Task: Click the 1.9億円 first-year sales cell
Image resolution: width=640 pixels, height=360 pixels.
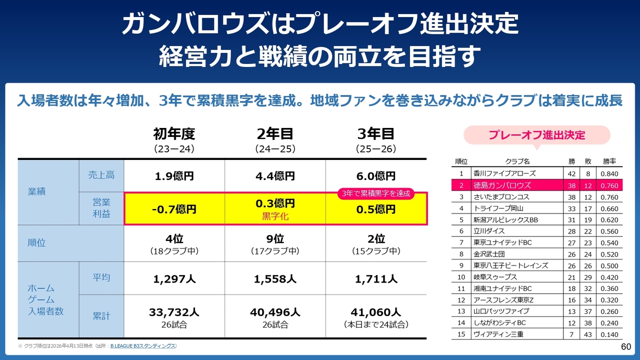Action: click(x=174, y=176)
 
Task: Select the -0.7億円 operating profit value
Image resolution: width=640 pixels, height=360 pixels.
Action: click(x=174, y=209)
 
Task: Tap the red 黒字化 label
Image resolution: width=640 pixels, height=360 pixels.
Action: click(x=275, y=217)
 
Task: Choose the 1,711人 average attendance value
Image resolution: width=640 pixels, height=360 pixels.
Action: click(x=376, y=278)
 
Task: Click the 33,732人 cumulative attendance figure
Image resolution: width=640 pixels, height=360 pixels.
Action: click(x=174, y=312)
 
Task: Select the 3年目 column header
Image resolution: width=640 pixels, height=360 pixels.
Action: click(x=376, y=133)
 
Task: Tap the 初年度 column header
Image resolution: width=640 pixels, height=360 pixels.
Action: click(x=174, y=133)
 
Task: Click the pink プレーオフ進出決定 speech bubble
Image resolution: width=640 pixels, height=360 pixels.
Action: click(x=536, y=135)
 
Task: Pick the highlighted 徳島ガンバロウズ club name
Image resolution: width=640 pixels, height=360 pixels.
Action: click(x=502, y=185)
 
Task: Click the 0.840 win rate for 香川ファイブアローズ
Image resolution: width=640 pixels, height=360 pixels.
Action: click(x=609, y=173)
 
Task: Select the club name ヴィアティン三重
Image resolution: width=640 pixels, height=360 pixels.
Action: click(x=498, y=334)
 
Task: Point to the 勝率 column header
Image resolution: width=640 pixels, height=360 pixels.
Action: click(x=609, y=161)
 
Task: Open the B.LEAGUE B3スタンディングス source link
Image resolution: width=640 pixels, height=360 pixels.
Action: click(x=143, y=346)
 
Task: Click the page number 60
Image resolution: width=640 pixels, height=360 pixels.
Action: click(x=626, y=347)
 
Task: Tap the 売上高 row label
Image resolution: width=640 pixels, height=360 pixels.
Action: click(x=101, y=175)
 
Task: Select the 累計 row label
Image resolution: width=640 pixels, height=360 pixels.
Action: click(x=101, y=316)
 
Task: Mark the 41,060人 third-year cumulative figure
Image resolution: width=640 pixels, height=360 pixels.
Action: click(x=376, y=312)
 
